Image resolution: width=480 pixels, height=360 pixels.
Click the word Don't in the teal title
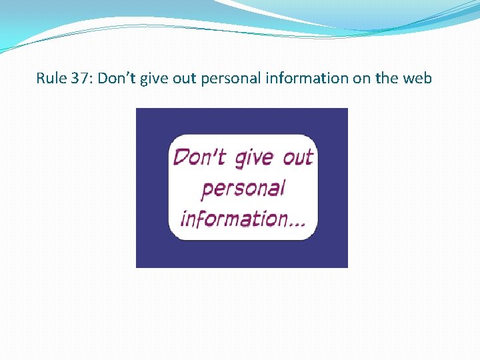click(115, 79)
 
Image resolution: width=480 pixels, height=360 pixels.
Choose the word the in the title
click(387, 79)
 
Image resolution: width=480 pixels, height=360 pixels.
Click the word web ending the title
click(417, 79)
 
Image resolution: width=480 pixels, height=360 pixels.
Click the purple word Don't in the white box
click(199, 157)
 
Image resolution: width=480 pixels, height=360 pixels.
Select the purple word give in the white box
click(254, 159)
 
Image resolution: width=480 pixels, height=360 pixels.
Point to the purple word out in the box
click(297, 157)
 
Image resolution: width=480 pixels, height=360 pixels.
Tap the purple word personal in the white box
click(243, 189)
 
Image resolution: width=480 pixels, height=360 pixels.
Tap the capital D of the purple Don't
click(180, 157)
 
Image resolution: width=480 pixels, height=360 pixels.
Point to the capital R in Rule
click(41, 79)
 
